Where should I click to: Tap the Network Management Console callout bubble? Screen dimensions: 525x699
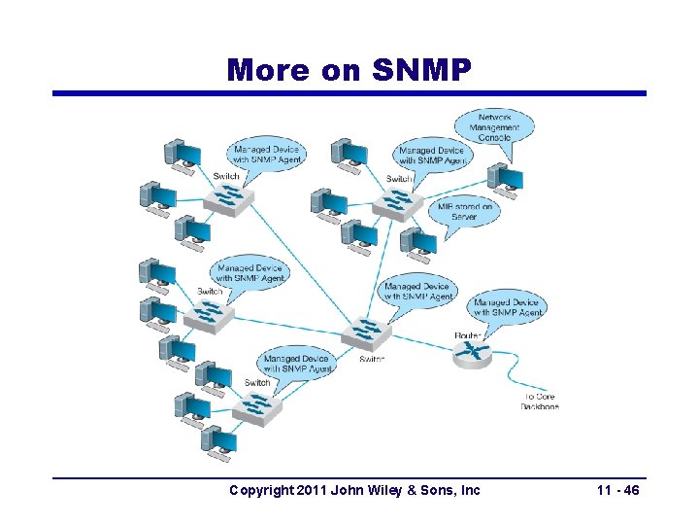click(x=494, y=126)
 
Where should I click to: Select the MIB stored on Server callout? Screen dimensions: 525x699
click(x=465, y=211)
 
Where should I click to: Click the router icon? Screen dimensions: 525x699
click(x=473, y=352)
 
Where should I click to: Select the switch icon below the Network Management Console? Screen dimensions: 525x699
click(x=398, y=201)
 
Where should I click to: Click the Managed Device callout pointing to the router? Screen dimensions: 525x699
click(x=508, y=307)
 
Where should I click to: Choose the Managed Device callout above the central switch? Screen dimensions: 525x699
click(x=416, y=291)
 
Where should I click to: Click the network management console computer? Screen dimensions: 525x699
click(x=505, y=178)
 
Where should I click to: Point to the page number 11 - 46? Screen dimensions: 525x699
click(x=617, y=491)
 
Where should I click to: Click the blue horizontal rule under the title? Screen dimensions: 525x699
click(x=349, y=93)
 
